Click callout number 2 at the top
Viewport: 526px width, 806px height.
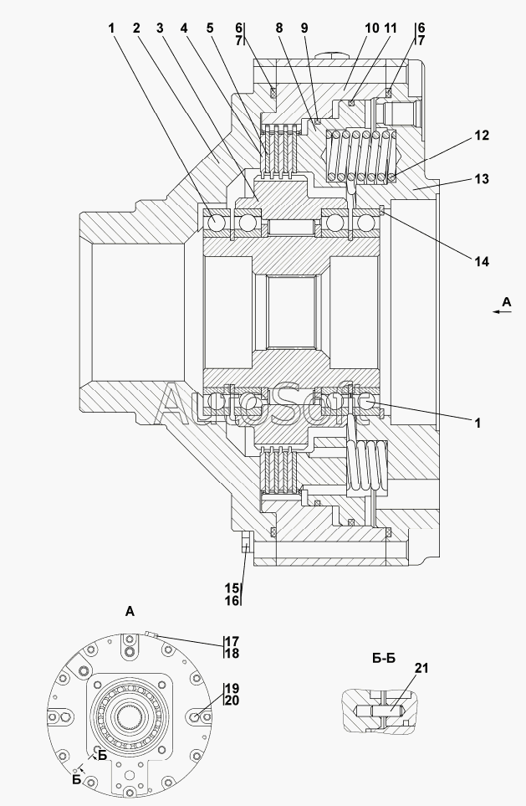[x=136, y=28]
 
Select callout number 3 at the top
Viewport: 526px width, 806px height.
[x=161, y=28]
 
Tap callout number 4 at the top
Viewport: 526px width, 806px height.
[x=184, y=28]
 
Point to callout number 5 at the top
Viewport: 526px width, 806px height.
[x=210, y=28]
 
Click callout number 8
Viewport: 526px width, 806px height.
[x=279, y=28]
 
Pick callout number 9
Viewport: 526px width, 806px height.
[x=304, y=28]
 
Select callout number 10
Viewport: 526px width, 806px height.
[x=372, y=28]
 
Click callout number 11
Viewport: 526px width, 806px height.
[x=391, y=28]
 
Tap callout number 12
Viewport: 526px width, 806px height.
[x=482, y=136]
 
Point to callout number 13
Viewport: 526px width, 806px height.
[x=482, y=179]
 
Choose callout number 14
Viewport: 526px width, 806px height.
[x=482, y=262]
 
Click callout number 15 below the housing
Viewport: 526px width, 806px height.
[x=231, y=588]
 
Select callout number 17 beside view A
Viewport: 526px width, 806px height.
[x=232, y=641]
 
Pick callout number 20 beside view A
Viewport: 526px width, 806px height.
[x=232, y=701]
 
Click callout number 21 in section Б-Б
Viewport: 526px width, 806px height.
[x=421, y=668]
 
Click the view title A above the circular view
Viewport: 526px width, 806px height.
[x=130, y=612]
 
